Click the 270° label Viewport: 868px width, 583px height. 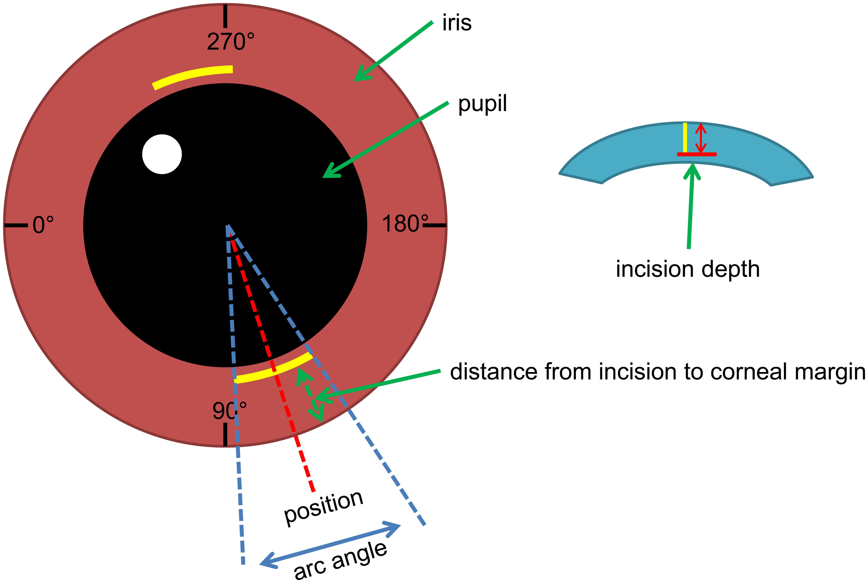click(x=230, y=42)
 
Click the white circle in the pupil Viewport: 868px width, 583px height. click(x=162, y=154)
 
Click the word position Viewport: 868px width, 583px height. click(x=323, y=507)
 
